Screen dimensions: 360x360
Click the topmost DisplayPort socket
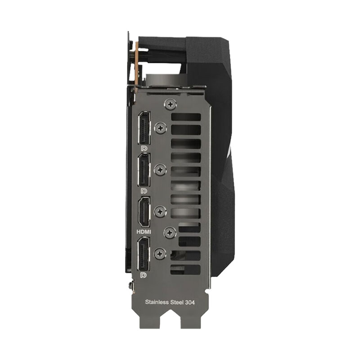[x=144, y=128]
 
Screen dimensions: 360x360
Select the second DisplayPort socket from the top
[x=144, y=170]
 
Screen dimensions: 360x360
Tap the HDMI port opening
[x=144, y=212]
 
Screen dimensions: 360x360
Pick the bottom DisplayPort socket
[x=144, y=254]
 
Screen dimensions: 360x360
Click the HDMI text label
[x=144, y=232]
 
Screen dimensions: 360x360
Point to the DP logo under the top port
[x=144, y=148]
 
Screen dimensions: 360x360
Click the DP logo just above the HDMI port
[x=144, y=191]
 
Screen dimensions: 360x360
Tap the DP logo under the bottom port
[x=144, y=275]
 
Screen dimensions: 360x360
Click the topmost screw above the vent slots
[x=170, y=105]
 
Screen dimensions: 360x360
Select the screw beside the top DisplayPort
[x=161, y=128]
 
